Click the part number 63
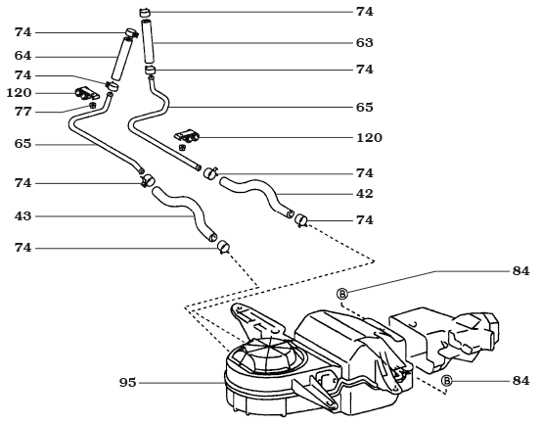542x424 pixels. pos(365,43)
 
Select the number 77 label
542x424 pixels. pos(23,111)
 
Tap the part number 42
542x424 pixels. pos(365,194)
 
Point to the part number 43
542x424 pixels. pos(23,215)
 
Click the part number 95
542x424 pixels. pos(128,382)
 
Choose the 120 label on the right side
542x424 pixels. pos(369,138)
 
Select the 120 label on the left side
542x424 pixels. pos(20,92)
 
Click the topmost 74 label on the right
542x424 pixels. pos(365,12)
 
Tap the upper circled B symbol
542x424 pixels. pos(343,293)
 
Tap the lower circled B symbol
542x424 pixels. pos(446,380)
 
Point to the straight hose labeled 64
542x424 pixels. pos(121,58)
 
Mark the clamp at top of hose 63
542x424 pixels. pos(146,12)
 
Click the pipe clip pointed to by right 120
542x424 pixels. pos(187,135)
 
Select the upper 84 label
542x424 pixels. pos(520,270)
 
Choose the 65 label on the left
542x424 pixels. pos(23,143)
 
